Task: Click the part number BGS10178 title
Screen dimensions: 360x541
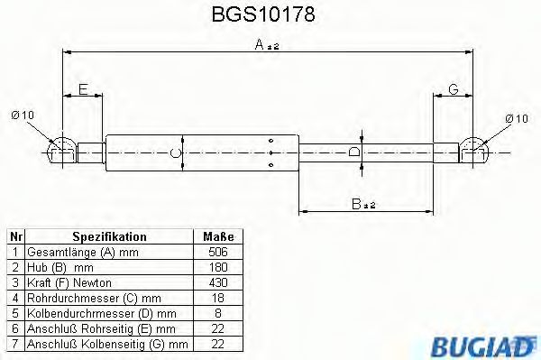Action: (x=270, y=14)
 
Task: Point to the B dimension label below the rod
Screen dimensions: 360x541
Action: (x=359, y=205)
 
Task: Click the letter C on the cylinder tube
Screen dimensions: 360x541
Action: (x=175, y=154)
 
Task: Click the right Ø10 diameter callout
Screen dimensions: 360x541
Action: (x=516, y=118)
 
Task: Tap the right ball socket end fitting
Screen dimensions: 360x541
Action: (x=476, y=149)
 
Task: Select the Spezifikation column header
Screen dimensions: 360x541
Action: (x=109, y=236)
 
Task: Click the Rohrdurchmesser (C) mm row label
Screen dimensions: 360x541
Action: (x=95, y=298)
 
